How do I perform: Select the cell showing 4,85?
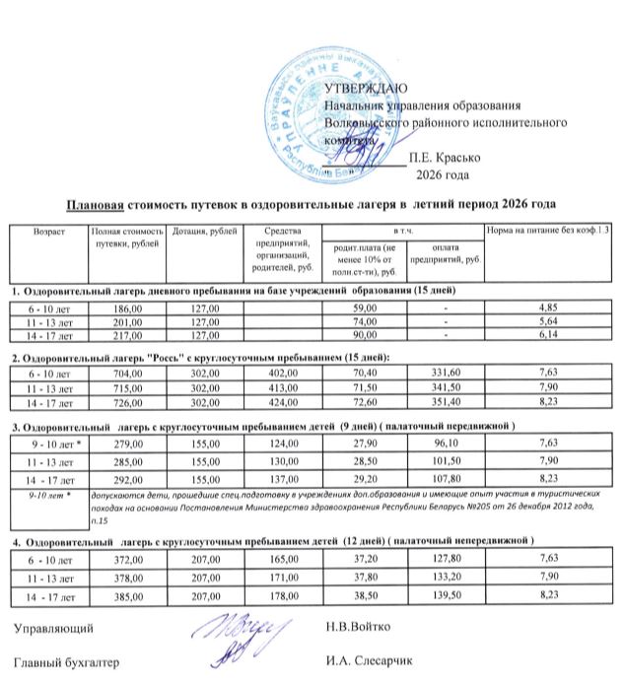[x=547, y=308]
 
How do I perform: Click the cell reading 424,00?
[x=282, y=403]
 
